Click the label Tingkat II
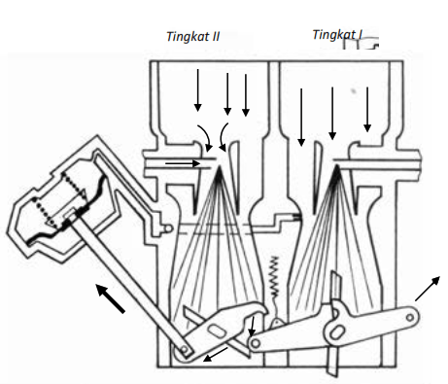(193, 37)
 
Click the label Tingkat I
(337, 35)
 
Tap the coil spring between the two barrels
(274, 277)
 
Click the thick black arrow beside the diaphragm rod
(111, 298)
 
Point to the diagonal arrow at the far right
(428, 289)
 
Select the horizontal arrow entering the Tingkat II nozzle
(183, 163)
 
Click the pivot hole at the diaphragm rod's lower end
(184, 350)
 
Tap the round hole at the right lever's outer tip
(410, 317)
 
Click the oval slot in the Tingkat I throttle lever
(337, 332)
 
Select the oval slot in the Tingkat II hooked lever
(218, 332)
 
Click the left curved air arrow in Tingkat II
(205, 137)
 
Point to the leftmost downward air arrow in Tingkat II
(197, 90)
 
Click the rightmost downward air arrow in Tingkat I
(367, 110)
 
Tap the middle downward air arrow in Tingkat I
(332, 114)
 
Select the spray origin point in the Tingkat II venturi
(220, 167)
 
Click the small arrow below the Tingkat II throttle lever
(216, 354)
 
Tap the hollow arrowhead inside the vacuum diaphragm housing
(84, 194)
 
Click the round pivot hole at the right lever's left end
(256, 344)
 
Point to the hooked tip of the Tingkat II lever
(261, 308)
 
